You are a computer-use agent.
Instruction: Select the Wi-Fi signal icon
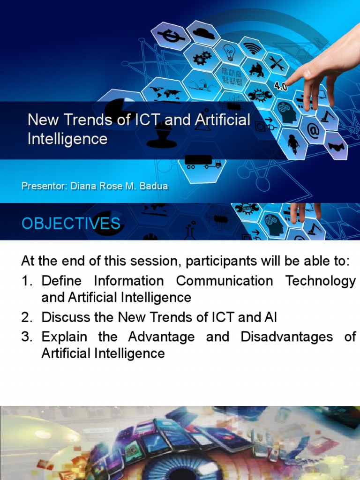pyautogui.click(x=253, y=48)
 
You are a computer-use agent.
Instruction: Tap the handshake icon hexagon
pyautogui.click(x=336, y=146)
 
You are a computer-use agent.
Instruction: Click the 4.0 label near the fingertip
pyautogui.click(x=280, y=86)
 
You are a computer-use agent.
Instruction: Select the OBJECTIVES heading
pyautogui.click(x=71, y=224)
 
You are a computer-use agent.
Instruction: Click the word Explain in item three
pyautogui.click(x=65, y=337)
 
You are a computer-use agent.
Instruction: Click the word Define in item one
pyautogui.click(x=61, y=281)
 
